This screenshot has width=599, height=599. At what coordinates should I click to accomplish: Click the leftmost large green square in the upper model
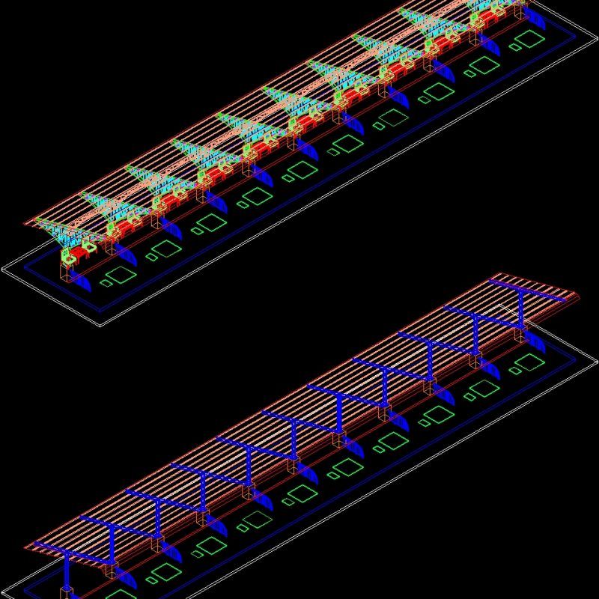123,275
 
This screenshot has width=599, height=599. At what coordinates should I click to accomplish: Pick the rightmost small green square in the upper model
515,46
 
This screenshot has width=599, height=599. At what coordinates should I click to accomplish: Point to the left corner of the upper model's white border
3,267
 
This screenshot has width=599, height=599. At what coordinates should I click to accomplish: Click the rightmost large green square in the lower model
530,362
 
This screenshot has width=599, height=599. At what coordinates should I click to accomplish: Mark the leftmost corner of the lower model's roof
34,545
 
